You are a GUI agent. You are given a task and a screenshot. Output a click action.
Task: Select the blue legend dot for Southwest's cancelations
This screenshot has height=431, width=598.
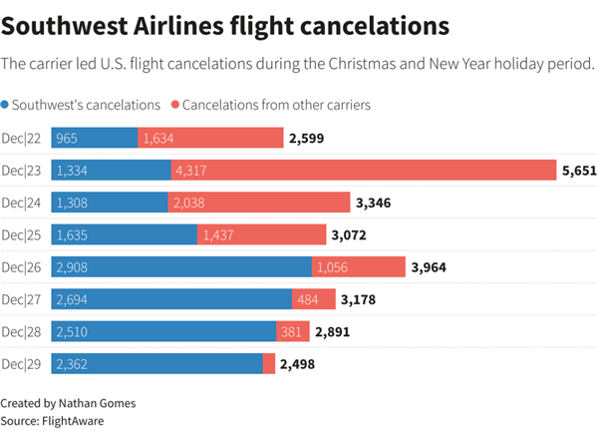7,105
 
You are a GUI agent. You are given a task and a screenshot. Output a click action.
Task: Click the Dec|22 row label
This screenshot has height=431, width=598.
22,138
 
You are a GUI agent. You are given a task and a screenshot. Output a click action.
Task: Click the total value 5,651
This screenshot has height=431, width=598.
578,171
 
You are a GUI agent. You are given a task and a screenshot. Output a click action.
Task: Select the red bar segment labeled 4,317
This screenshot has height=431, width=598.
363,171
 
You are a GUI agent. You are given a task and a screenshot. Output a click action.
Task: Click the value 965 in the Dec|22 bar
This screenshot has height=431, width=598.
68,139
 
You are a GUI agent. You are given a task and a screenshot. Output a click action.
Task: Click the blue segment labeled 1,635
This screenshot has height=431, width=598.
125,234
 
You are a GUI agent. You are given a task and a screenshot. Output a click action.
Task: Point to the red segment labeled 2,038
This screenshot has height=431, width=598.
257,203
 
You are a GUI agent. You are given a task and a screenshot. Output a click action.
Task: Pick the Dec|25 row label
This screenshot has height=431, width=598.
22,234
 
